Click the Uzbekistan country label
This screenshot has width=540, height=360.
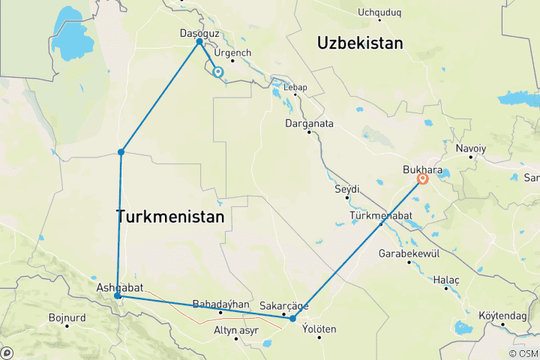pyautogui.click(x=360, y=43)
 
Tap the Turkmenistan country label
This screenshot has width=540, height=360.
pyautogui.click(x=170, y=217)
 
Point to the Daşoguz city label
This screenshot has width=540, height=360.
pyautogui.click(x=200, y=33)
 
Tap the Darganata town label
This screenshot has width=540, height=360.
pyautogui.click(x=309, y=123)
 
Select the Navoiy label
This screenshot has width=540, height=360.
pyautogui.click(x=470, y=148)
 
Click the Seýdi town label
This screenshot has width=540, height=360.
pyautogui.click(x=347, y=188)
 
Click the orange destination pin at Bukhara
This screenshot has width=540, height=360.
pyautogui.click(x=423, y=178)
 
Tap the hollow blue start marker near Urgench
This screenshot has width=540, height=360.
pyautogui.click(x=218, y=73)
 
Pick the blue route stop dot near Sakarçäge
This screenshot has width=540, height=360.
pyautogui.click(x=292, y=319)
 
